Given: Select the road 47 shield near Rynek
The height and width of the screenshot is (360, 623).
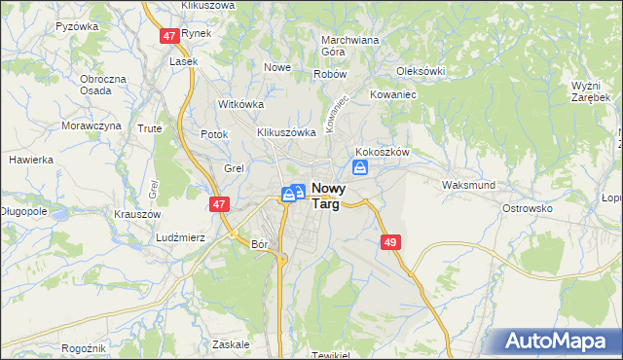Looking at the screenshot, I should tap(169, 35).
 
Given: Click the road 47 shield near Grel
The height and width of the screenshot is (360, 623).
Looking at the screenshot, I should tap(218, 204).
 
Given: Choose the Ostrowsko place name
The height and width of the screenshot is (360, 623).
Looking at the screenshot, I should tap(527, 208).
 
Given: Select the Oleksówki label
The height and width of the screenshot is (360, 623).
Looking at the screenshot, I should tap(421, 71).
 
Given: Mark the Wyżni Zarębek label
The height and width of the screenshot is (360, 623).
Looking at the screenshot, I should tap(591, 91).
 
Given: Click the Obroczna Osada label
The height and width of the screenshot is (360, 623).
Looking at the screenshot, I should tap(103, 85).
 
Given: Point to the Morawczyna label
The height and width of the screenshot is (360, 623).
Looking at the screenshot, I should tap(92, 126).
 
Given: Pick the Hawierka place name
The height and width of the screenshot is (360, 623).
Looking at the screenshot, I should tap(30, 159).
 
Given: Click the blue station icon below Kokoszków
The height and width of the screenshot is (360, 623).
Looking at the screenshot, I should tap(360, 169).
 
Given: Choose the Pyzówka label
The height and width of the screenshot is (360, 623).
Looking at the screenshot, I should tap(78, 26).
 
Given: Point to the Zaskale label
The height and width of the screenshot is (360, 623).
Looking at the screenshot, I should tap(231, 344).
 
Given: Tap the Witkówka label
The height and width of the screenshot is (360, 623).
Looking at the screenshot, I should tap(242, 103).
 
